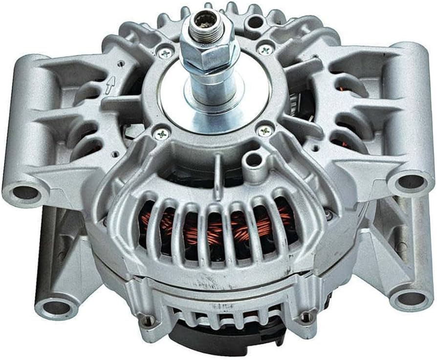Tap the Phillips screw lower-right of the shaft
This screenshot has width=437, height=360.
click(x=264, y=131)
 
